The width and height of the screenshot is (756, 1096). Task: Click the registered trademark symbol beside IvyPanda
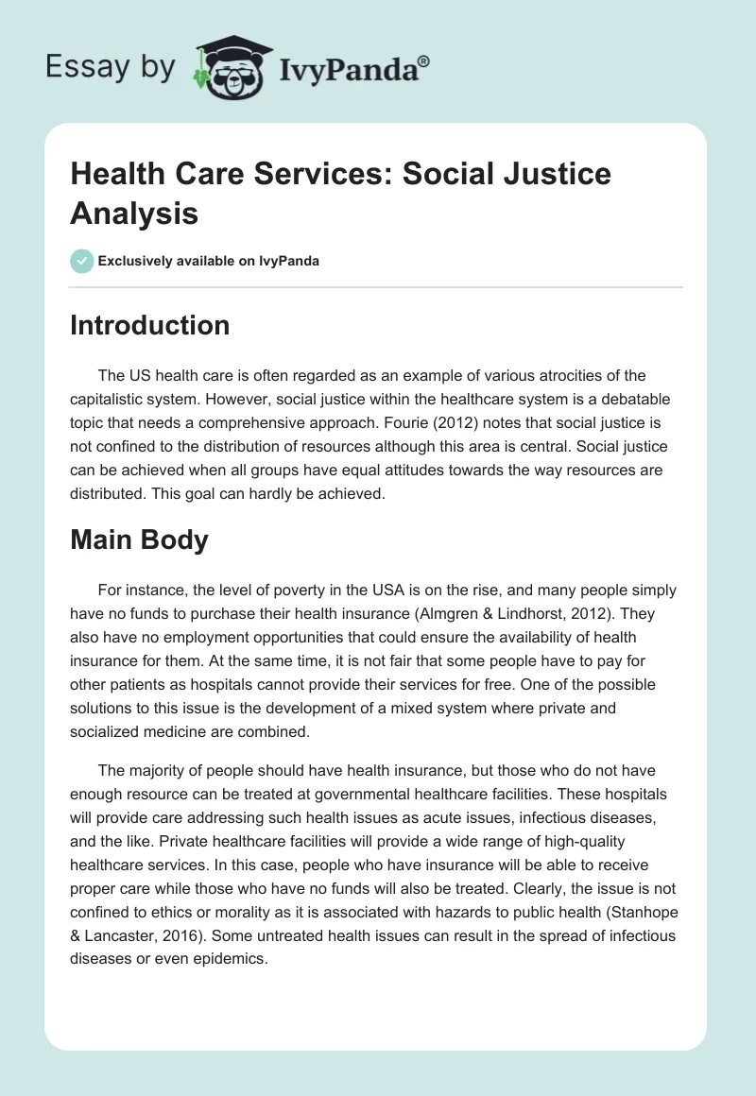click(423, 61)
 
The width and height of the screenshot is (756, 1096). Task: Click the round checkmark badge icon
click(81, 261)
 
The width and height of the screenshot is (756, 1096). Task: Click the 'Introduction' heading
click(149, 325)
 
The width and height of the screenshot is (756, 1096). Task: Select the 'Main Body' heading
click(139, 540)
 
